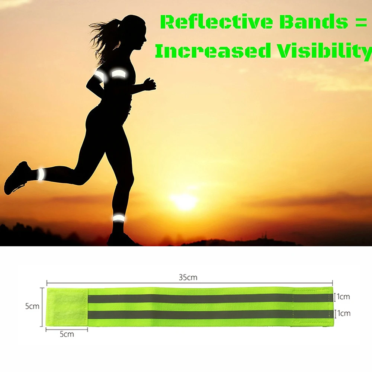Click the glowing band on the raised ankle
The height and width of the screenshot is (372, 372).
coord(41,174)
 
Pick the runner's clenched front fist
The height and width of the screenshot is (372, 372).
coord(150,84)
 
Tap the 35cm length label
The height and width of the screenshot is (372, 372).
coord(188,277)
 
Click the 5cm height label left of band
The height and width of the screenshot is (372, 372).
coord(32,306)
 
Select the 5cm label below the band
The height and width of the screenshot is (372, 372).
coord(67,334)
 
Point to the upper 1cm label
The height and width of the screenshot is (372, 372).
coord(343,296)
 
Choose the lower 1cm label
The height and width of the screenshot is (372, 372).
coord(344,313)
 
